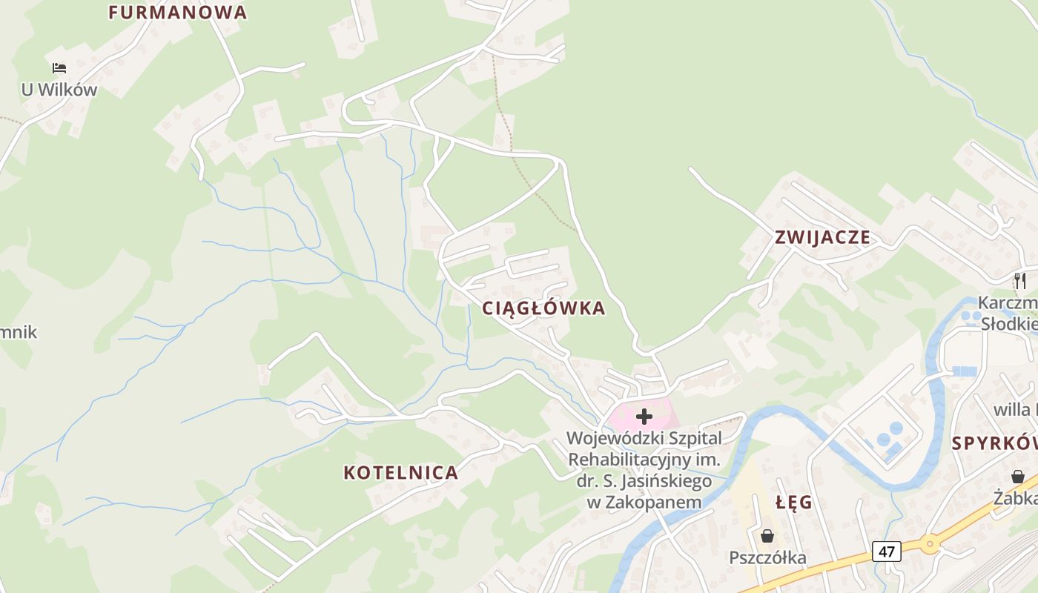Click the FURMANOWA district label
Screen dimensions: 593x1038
click(177, 13)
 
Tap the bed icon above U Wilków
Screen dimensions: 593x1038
click(59, 68)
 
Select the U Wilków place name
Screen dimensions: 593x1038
click(59, 90)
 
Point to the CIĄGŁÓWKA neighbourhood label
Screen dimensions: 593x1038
click(543, 308)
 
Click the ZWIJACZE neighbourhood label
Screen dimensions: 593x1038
click(822, 238)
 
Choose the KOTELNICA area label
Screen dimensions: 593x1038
click(400, 472)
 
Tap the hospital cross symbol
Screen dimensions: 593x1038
click(644, 417)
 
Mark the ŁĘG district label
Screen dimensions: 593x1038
click(794, 503)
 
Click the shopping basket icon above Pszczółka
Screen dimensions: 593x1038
click(767, 535)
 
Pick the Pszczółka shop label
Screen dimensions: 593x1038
click(767, 557)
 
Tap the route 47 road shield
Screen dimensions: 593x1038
click(887, 551)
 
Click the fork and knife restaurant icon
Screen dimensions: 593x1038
click(1020, 281)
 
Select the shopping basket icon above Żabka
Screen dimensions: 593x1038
click(1018, 477)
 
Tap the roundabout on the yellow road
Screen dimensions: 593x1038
click(929, 543)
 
